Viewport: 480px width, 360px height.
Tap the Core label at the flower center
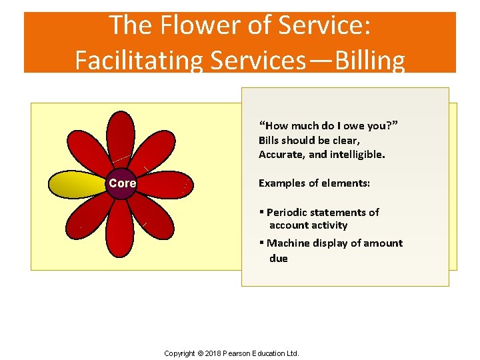tap(123, 183)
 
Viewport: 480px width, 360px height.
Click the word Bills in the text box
tap(271, 140)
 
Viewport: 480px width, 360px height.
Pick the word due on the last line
tap(278, 259)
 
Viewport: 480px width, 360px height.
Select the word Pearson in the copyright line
tap(245, 353)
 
